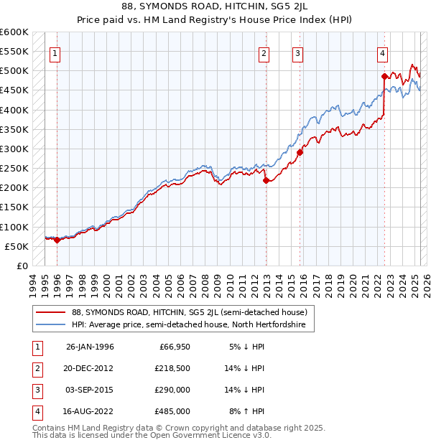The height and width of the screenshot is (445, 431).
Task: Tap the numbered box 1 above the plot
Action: [x=55, y=52]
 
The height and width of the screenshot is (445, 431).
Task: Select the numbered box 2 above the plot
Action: [x=264, y=52]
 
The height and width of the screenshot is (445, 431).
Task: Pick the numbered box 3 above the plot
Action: [x=297, y=52]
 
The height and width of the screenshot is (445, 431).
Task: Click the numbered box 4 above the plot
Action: [x=383, y=52]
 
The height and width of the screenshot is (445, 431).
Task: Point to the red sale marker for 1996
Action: [x=57, y=240]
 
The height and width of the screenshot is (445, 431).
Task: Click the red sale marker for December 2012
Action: [x=266, y=181]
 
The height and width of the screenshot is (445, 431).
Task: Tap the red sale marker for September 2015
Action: [x=300, y=152]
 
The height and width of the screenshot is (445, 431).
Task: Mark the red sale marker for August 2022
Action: [x=384, y=76]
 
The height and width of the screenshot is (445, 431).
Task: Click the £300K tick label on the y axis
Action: [x=14, y=149]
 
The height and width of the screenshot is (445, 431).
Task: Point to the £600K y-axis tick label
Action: [x=14, y=32]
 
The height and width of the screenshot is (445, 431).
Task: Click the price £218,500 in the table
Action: [x=172, y=368]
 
